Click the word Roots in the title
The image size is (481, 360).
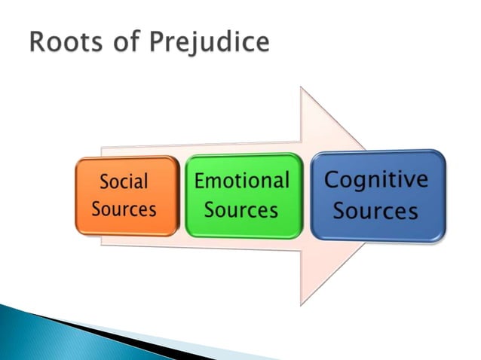(x=63, y=42)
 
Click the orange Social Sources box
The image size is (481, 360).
(x=127, y=195)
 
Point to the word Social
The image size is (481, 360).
(x=124, y=182)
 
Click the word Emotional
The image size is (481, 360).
(x=241, y=181)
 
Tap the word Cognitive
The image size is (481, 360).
(x=375, y=181)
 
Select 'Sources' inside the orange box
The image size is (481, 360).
(x=124, y=208)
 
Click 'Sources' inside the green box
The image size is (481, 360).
(x=241, y=209)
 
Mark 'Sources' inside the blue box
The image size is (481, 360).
(x=375, y=211)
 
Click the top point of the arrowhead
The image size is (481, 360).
(x=301, y=88)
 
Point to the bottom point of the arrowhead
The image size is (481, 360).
(x=301, y=304)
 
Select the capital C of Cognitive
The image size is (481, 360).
(x=333, y=181)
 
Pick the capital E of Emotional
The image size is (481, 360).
(x=201, y=181)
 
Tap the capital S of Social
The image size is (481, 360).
(x=105, y=182)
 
